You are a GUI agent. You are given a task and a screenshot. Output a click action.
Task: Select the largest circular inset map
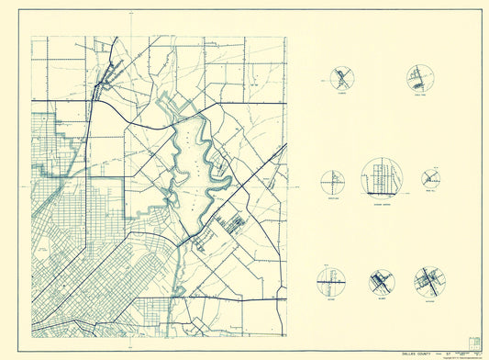click(x=381, y=177)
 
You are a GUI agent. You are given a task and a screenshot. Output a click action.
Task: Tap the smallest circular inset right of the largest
click(x=431, y=178)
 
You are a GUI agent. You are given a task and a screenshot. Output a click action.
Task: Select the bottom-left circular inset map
click(x=329, y=279)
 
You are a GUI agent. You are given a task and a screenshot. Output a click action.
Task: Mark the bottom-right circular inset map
click(x=428, y=280)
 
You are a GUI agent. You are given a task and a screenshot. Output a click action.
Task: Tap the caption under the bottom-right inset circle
click(x=428, y=298)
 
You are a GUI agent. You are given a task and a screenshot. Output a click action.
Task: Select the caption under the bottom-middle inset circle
click(x=381, y=298)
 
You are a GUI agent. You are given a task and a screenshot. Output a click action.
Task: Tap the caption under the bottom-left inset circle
click(x=329, y=298)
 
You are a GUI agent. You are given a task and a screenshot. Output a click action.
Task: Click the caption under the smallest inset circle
click(x=431, y=192)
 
